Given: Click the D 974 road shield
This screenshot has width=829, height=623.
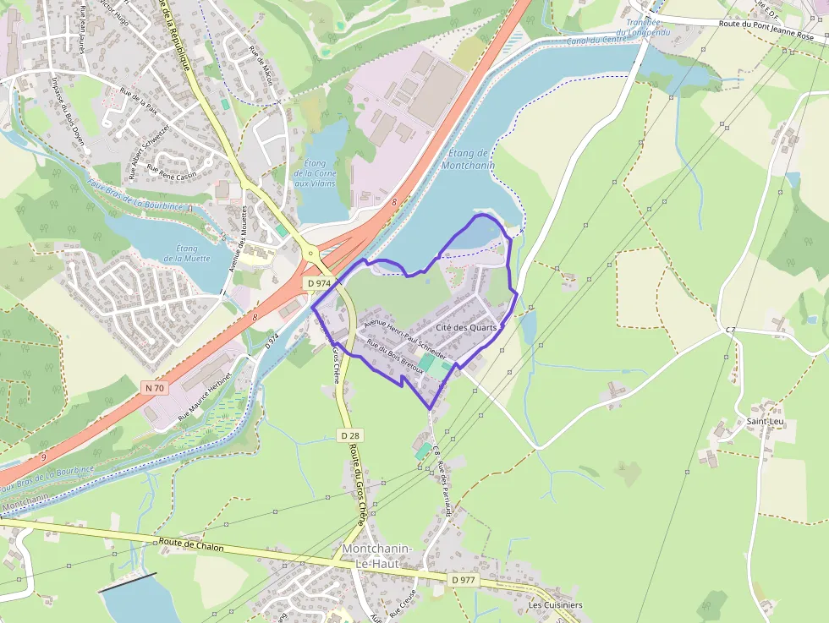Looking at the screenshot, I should [318, 283].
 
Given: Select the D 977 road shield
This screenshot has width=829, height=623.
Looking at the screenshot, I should [463, 579].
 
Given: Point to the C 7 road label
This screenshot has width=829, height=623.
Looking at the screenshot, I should [731, 328].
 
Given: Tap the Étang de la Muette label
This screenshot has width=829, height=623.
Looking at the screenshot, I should [188, 254].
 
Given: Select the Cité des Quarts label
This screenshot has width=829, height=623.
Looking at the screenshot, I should [466, 327].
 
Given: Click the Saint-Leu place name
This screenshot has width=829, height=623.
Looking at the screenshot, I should [764, 420].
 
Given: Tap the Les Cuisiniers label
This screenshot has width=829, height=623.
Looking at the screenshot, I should [555, 605].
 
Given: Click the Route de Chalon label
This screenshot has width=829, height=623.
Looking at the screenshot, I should [191, 546].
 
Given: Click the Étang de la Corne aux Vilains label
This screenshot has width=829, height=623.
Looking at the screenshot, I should [314, 173].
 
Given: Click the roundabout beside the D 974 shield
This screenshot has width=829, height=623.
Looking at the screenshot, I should [309, 252].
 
